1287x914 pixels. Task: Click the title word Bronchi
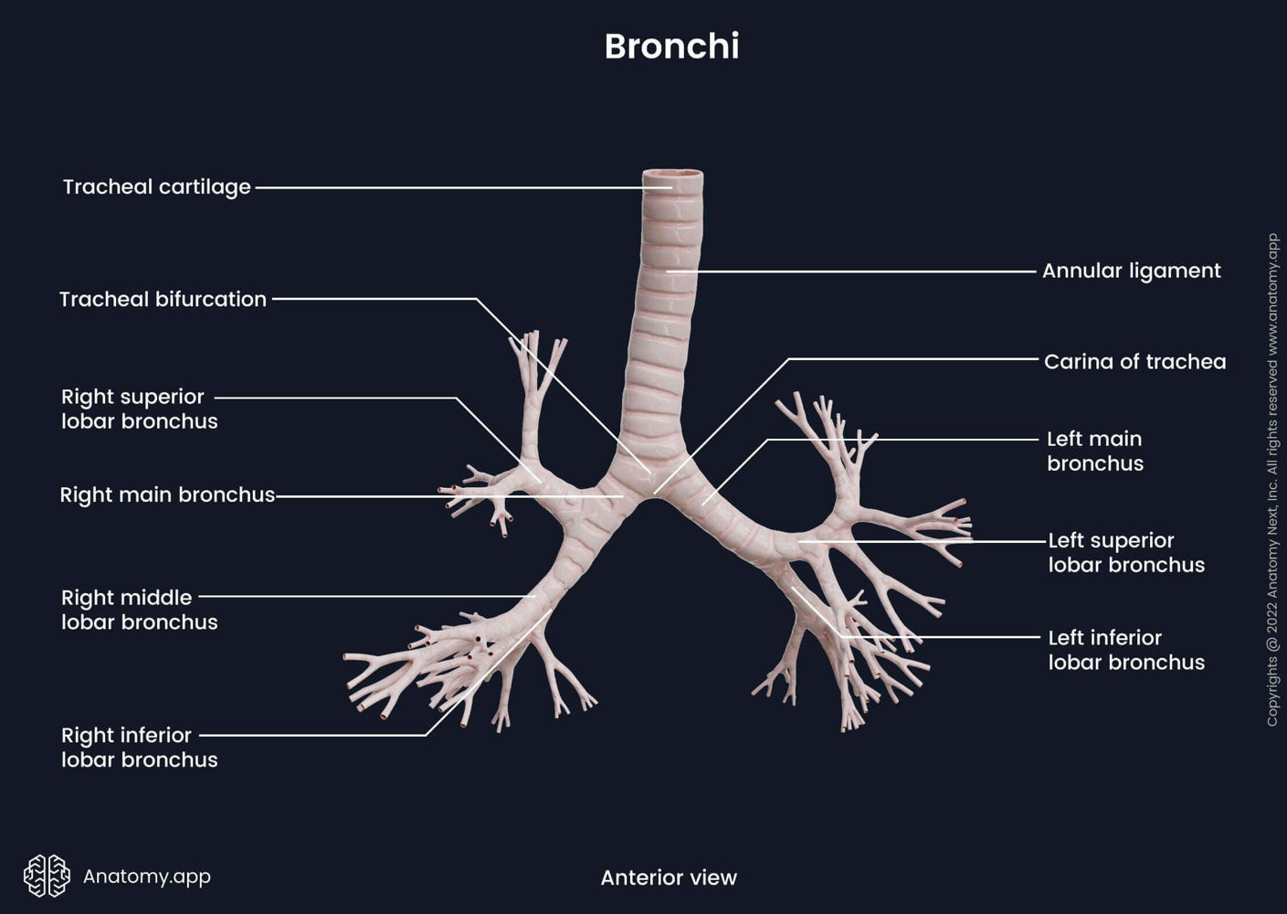pos(671,47)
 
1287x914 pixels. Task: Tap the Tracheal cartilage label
pos(156,186)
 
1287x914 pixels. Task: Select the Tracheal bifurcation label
pos(163,299)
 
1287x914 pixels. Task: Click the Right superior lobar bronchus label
pos(139,409)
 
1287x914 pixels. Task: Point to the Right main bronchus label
pos(167,494)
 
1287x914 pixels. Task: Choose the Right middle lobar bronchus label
pos(139,610)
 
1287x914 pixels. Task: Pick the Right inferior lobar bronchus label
pos(139,747)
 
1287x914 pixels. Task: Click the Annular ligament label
pos(1131,271)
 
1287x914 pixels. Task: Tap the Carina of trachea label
pos(1134,361)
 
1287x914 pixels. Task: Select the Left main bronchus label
pos(1094,451)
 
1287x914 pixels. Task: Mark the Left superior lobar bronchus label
pos(1125,552)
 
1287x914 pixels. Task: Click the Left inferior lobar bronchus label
pos(1125,650)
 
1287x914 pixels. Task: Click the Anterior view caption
pos(668,877)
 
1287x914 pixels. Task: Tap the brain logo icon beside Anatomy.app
pos(47,876)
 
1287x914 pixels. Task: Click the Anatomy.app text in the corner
pos(146,876)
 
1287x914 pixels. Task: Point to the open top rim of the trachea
pos(672,174)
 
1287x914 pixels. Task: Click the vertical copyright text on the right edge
pos(1272,480)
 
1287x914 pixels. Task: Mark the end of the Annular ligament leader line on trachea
pos(668,271)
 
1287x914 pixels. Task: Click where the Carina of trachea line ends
pos(655,494)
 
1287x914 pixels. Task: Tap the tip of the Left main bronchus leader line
pos(703,504)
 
